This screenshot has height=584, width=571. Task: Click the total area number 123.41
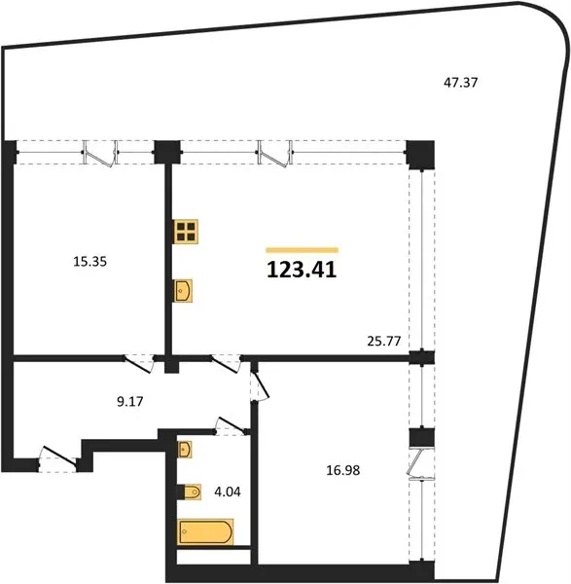(302, 270)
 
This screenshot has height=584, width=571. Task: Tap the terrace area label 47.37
(460, 82)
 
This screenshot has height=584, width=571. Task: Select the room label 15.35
(90, 262)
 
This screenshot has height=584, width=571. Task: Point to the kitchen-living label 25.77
(384, 341)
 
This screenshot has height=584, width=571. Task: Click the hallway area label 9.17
(130, 401)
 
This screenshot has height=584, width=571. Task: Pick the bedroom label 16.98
(343, 470)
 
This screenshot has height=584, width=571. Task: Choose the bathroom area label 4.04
(228, 492)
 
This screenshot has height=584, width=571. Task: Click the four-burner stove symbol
(186, 232)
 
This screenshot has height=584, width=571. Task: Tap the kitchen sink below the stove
(183, 290)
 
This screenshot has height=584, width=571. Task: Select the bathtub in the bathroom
(205, 531)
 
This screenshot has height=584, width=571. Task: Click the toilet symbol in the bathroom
(189, 492)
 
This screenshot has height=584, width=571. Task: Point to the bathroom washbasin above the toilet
(184, 449)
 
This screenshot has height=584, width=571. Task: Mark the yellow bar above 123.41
(303, 250)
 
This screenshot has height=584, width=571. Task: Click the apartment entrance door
(58, 458)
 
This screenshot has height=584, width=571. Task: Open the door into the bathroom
(231, 426)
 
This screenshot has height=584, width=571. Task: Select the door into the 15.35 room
(139, 363)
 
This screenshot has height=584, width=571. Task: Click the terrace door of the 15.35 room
(100, 154)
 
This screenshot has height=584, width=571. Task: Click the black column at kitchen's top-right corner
(420, 155)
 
